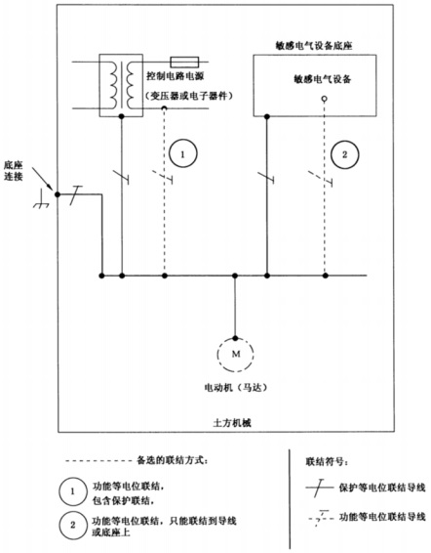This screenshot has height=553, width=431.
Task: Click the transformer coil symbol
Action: (122, 81)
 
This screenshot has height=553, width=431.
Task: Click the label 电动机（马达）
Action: (235, 389)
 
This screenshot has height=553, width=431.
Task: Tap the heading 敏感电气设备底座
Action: (316, 47)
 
